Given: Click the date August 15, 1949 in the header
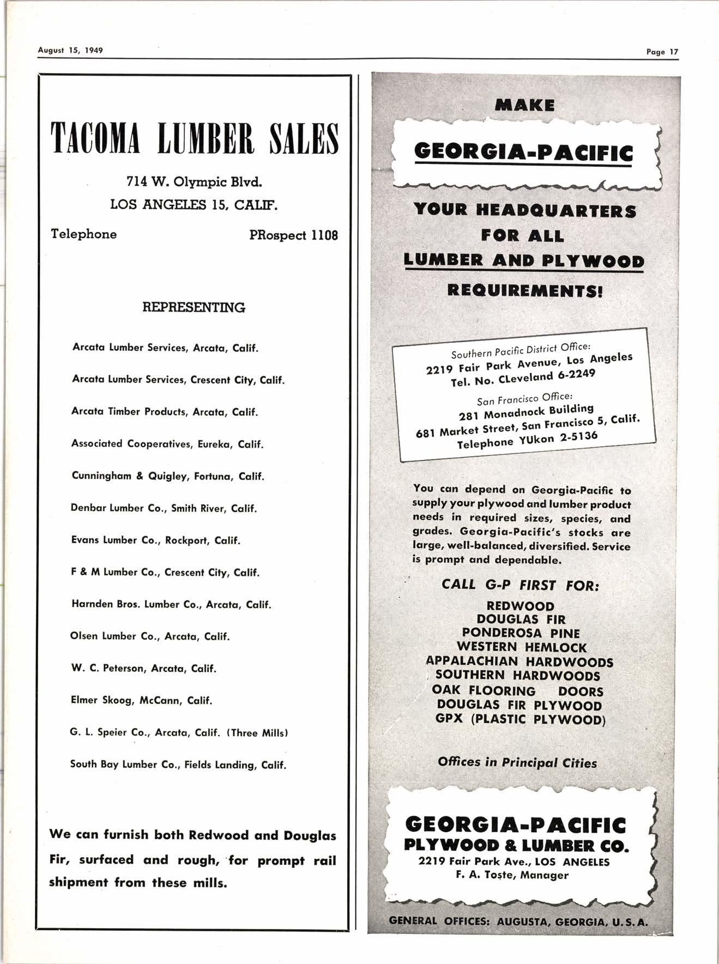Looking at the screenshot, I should [70, 50].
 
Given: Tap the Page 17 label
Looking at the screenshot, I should [662, 52].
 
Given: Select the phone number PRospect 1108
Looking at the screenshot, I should [293, 235].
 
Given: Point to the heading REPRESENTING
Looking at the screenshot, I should [194, 307].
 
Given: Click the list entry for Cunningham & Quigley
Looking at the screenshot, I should [168, 476].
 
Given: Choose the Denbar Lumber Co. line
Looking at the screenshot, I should [164, 508].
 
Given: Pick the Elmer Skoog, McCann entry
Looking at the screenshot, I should [141, 700].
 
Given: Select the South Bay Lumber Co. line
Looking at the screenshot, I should [178, 765].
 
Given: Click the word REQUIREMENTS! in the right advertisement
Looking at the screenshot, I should [525, 289].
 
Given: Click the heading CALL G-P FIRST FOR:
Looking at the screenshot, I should [520, 585].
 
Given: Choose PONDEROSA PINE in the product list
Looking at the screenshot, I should [521, 633].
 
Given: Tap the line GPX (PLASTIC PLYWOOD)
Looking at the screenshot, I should [521, 719].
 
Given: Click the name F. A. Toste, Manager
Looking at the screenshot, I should [512, 875].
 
